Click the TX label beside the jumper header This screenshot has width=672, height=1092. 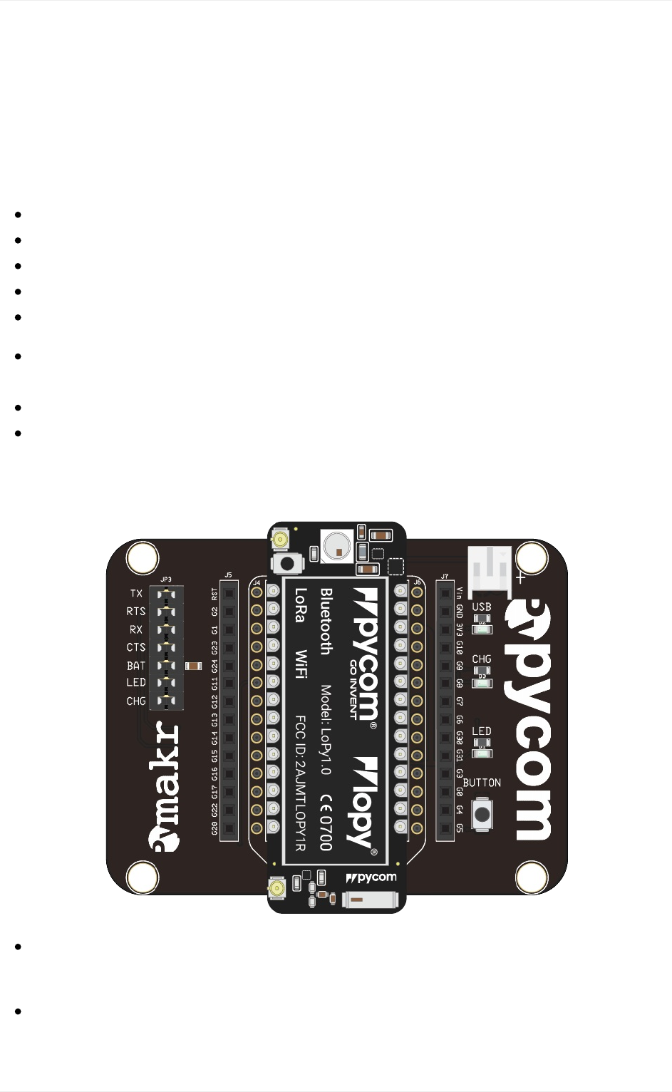tap(136, 593)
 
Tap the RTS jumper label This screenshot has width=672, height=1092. tap(136, 612)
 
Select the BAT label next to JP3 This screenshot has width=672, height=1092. tap(136, 666)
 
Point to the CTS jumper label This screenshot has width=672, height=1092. tap(136, 647)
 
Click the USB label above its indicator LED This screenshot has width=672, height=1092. tap(482, 607)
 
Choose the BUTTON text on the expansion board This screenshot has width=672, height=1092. tap(482, 783)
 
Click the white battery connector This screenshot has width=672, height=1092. tap(490, 570)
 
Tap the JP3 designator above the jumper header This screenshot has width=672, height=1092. tap(165, 580)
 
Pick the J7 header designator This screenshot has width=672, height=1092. tap(445, 576)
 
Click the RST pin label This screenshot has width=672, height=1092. tap(214, 594)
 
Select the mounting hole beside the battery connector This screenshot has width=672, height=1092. tap(532, 557)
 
